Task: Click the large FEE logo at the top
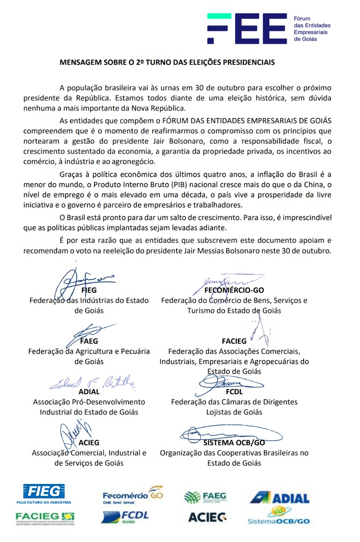(247, 28)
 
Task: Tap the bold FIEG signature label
(89, 290)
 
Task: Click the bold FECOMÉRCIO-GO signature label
(234, 290)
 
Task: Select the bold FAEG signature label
(89, 341)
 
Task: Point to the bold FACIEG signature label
(234, 341)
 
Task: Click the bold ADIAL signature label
(89, 392)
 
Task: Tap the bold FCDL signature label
(234, 392)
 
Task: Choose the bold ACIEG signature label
(89, 442)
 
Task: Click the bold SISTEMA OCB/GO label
(234, 442)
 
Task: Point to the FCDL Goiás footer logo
(125, 517)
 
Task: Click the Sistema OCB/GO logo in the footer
(278, 516)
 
